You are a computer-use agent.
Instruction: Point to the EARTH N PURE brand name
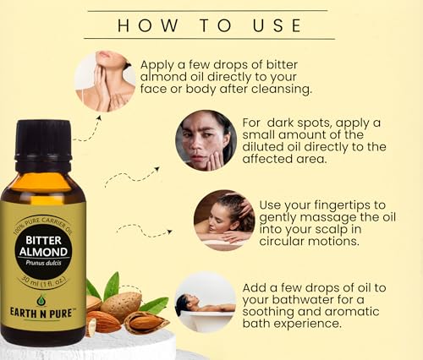pyautogui.click(x=42, y=319)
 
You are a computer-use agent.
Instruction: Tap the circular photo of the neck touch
pyautogui.click(x=105, y=81)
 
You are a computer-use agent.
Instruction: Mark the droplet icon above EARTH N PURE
pyautogui.click(x=41, y=301)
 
